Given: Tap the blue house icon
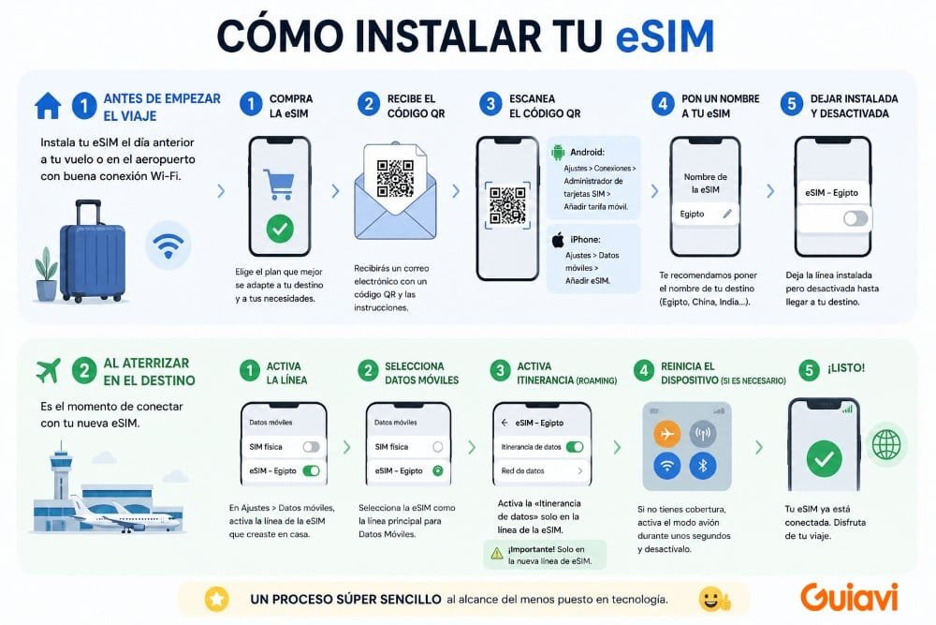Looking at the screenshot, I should (x=48, y=106).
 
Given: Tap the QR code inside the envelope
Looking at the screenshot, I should (x=395, y=177).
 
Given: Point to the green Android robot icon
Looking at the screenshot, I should (x=558, y=153).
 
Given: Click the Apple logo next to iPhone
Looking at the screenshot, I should (x=558, y=240).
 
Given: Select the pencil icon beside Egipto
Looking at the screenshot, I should (x=726, y=214).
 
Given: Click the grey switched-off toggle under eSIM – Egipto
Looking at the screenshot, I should (x=855, y=218).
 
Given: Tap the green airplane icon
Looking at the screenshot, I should (x=48, y=371).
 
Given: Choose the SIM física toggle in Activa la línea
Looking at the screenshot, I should (x=311, y=447).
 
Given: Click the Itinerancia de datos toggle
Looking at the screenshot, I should (x=574, y=447).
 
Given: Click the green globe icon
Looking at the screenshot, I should (x=885, y=445).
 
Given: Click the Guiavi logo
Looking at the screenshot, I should (x=850, y=597).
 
